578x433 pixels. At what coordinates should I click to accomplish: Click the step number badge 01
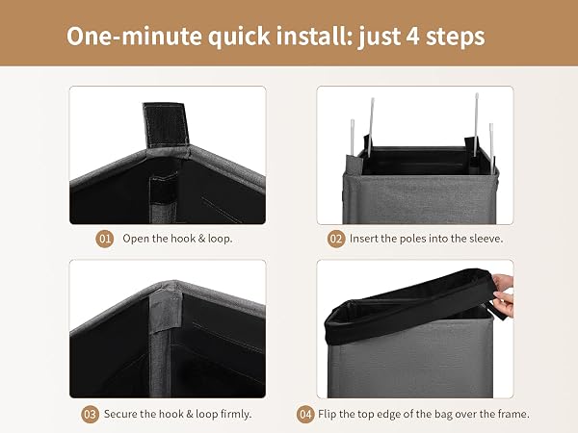pos(105,239)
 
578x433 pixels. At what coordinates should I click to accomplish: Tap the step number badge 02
pos(336,239)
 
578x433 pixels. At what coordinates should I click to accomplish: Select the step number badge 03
pos(90,414)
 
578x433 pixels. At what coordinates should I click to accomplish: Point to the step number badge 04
pos(305,414)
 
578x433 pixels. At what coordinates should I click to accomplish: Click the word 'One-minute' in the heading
pos(134,37)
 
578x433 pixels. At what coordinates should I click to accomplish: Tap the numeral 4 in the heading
pos(413,37)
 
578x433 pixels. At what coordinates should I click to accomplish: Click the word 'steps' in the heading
pos(456,37)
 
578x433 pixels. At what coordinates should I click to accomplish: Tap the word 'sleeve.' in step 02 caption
pos(486,239)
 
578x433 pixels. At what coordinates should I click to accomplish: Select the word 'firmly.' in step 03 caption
pos(236,414)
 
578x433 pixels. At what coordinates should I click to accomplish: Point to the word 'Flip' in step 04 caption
pos(327,414)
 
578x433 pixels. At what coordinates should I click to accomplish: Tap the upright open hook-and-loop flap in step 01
pos(166,125)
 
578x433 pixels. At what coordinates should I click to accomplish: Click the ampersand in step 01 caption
pos(201,239)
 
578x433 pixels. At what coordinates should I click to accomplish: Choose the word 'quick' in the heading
pos(239,37)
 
